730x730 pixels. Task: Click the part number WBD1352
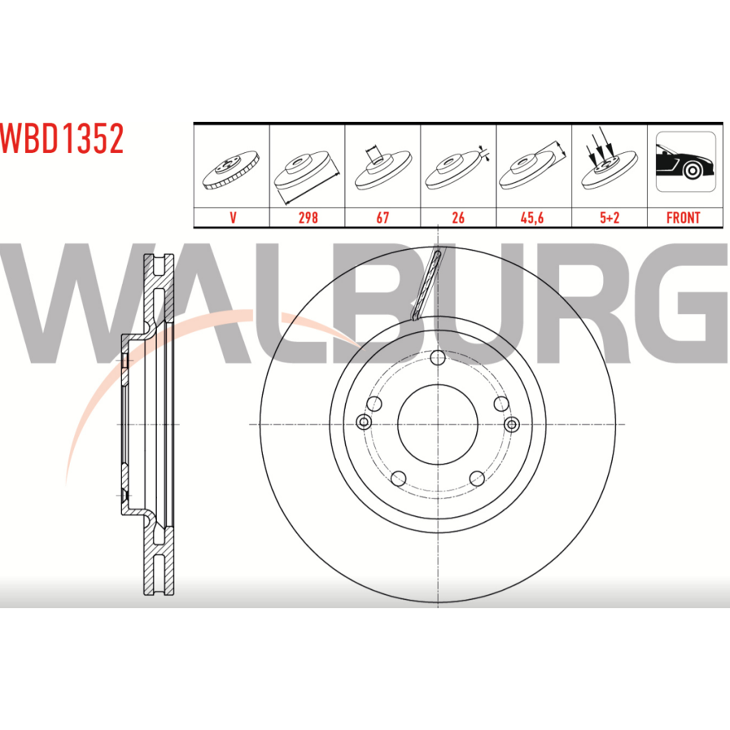point(62,139)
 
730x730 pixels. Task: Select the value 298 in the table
point(308,218)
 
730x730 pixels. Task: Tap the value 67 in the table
point(383,218)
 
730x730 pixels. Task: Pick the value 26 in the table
point(458,218)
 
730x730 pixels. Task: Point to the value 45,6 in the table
point(532,218)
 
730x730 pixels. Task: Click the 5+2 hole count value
point(609,218)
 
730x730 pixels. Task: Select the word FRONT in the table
point(683,218)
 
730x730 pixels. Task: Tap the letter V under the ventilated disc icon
point(233,218)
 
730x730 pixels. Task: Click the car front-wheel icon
point(686,162)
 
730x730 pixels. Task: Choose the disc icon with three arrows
point(609,161)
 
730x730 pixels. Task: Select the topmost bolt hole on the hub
point(438,358)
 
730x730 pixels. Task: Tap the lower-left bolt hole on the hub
point(399,478)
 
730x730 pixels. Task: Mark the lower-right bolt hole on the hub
point(477,478)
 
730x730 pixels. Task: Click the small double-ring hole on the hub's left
point(364,422)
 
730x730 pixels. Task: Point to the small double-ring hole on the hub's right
point(511,424)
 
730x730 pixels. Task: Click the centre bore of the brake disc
point(438,424)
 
